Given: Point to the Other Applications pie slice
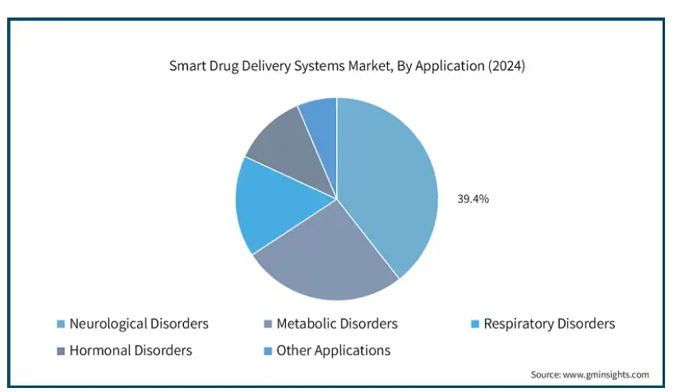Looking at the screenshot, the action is pyautogui.click(x=323, y=130).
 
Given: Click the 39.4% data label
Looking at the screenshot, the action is pyautogui.click(x=473, y=199).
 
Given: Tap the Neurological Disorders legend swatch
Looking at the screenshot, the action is pyautogui.click(x=61, y=323).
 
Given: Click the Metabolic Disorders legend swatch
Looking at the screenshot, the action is pyautogui.click(x=268, y=323).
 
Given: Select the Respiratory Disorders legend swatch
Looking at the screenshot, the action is pyautogui.click(x=475, y=323).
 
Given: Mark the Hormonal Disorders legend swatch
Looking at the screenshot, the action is pyautogui.click(x=61, y=351).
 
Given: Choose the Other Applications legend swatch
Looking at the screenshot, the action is pyautogui.click(x=268, y=351).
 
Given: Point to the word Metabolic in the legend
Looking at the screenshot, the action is pyautogui.click(x=305, y=323).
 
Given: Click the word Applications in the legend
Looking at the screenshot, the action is pyautogui.click(x=352, y=351).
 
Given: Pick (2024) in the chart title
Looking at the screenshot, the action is pyautogui.click(x=507, y=66).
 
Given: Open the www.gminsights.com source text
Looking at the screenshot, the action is pyautogui.click(x=606, y=374).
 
